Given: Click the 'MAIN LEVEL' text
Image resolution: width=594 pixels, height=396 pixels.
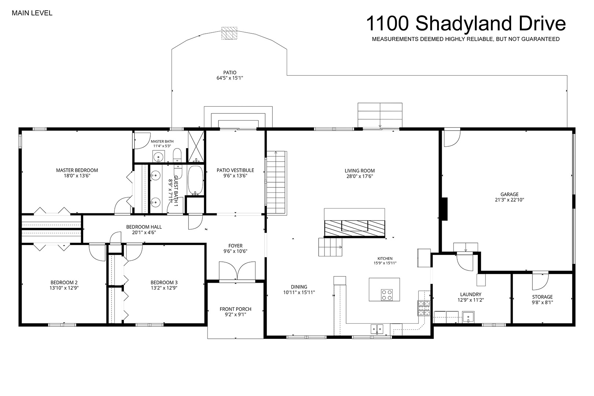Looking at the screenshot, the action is [x=32, y=13].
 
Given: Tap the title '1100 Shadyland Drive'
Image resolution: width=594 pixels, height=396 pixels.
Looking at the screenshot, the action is [x=466, y=23].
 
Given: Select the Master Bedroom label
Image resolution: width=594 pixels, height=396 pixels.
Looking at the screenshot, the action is [x=77, y=170].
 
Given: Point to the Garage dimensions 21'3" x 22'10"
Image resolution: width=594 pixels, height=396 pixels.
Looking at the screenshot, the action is [x=509, y=200].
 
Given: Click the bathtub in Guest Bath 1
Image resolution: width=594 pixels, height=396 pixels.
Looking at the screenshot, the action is [x=195, y=180].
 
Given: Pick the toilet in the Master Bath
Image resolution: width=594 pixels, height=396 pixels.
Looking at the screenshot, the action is [x=177, y=155].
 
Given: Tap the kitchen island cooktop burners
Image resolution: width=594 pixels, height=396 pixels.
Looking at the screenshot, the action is [x=386, y=295].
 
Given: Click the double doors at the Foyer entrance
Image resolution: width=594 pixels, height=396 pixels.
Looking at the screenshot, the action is [x=237, y=271].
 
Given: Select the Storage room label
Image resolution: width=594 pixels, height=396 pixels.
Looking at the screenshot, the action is [x=542, y=297].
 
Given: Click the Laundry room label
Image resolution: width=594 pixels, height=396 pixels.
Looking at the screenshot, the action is [x=471, y=294].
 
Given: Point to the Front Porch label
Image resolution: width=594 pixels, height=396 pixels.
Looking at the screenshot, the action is [x=235, y=309].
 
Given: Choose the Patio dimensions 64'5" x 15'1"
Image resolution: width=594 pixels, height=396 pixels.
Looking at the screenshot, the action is [x=230, y=78].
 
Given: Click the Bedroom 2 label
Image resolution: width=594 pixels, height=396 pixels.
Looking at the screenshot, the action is [x=64, y=282].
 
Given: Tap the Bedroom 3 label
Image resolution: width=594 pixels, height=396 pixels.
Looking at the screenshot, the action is [x=164, y=282].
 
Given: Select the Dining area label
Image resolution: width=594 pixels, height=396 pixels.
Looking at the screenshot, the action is [x=299, y=287].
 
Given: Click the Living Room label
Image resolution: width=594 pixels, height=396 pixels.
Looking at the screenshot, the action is [x=360, y=171].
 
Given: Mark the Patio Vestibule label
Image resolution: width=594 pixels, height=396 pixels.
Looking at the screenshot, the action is [x=235, y=170].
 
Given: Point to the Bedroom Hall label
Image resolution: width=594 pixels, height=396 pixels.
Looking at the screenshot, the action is [x=144, y=227].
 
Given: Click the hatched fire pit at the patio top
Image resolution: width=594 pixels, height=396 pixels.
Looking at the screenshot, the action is [x=229, y=33].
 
